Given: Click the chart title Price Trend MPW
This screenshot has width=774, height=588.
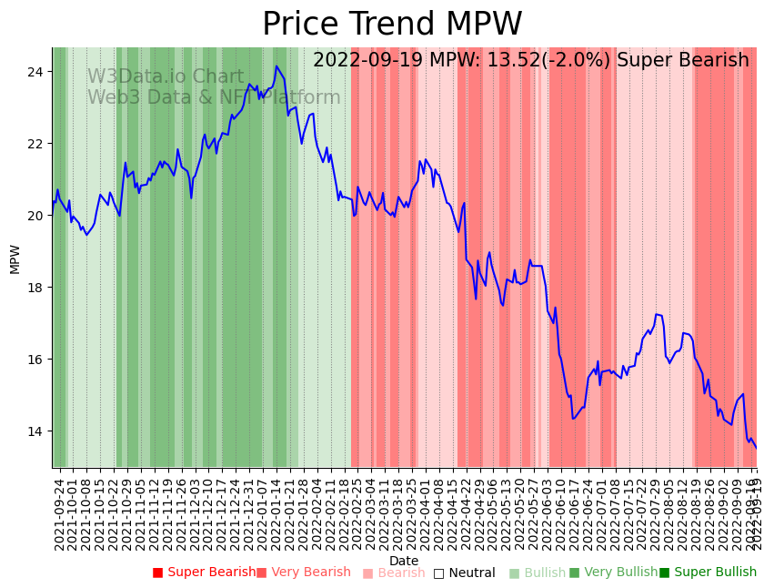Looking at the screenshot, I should click(x=392, y=24).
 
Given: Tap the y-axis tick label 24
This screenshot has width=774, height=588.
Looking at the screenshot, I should click(x=36, y=72).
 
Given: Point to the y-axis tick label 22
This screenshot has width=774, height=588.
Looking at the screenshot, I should click(x=36, y=144).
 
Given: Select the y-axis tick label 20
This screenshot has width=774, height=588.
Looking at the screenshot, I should click(x=36, y=216).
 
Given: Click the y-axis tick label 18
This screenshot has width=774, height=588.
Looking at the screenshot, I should click(x=36, y=288).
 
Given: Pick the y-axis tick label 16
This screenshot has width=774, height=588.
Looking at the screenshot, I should click(x=36, y=360).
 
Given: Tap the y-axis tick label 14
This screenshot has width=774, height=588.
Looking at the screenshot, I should click(x=36, y=431).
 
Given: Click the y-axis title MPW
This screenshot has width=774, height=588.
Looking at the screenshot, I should click(x=15, y=259).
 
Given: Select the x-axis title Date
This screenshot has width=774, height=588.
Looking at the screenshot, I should click(x=404, y=561).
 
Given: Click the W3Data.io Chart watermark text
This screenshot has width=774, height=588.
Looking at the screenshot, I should click(x=166, y=77).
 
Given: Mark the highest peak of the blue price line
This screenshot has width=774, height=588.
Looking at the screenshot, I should click(x=276, y=66).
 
